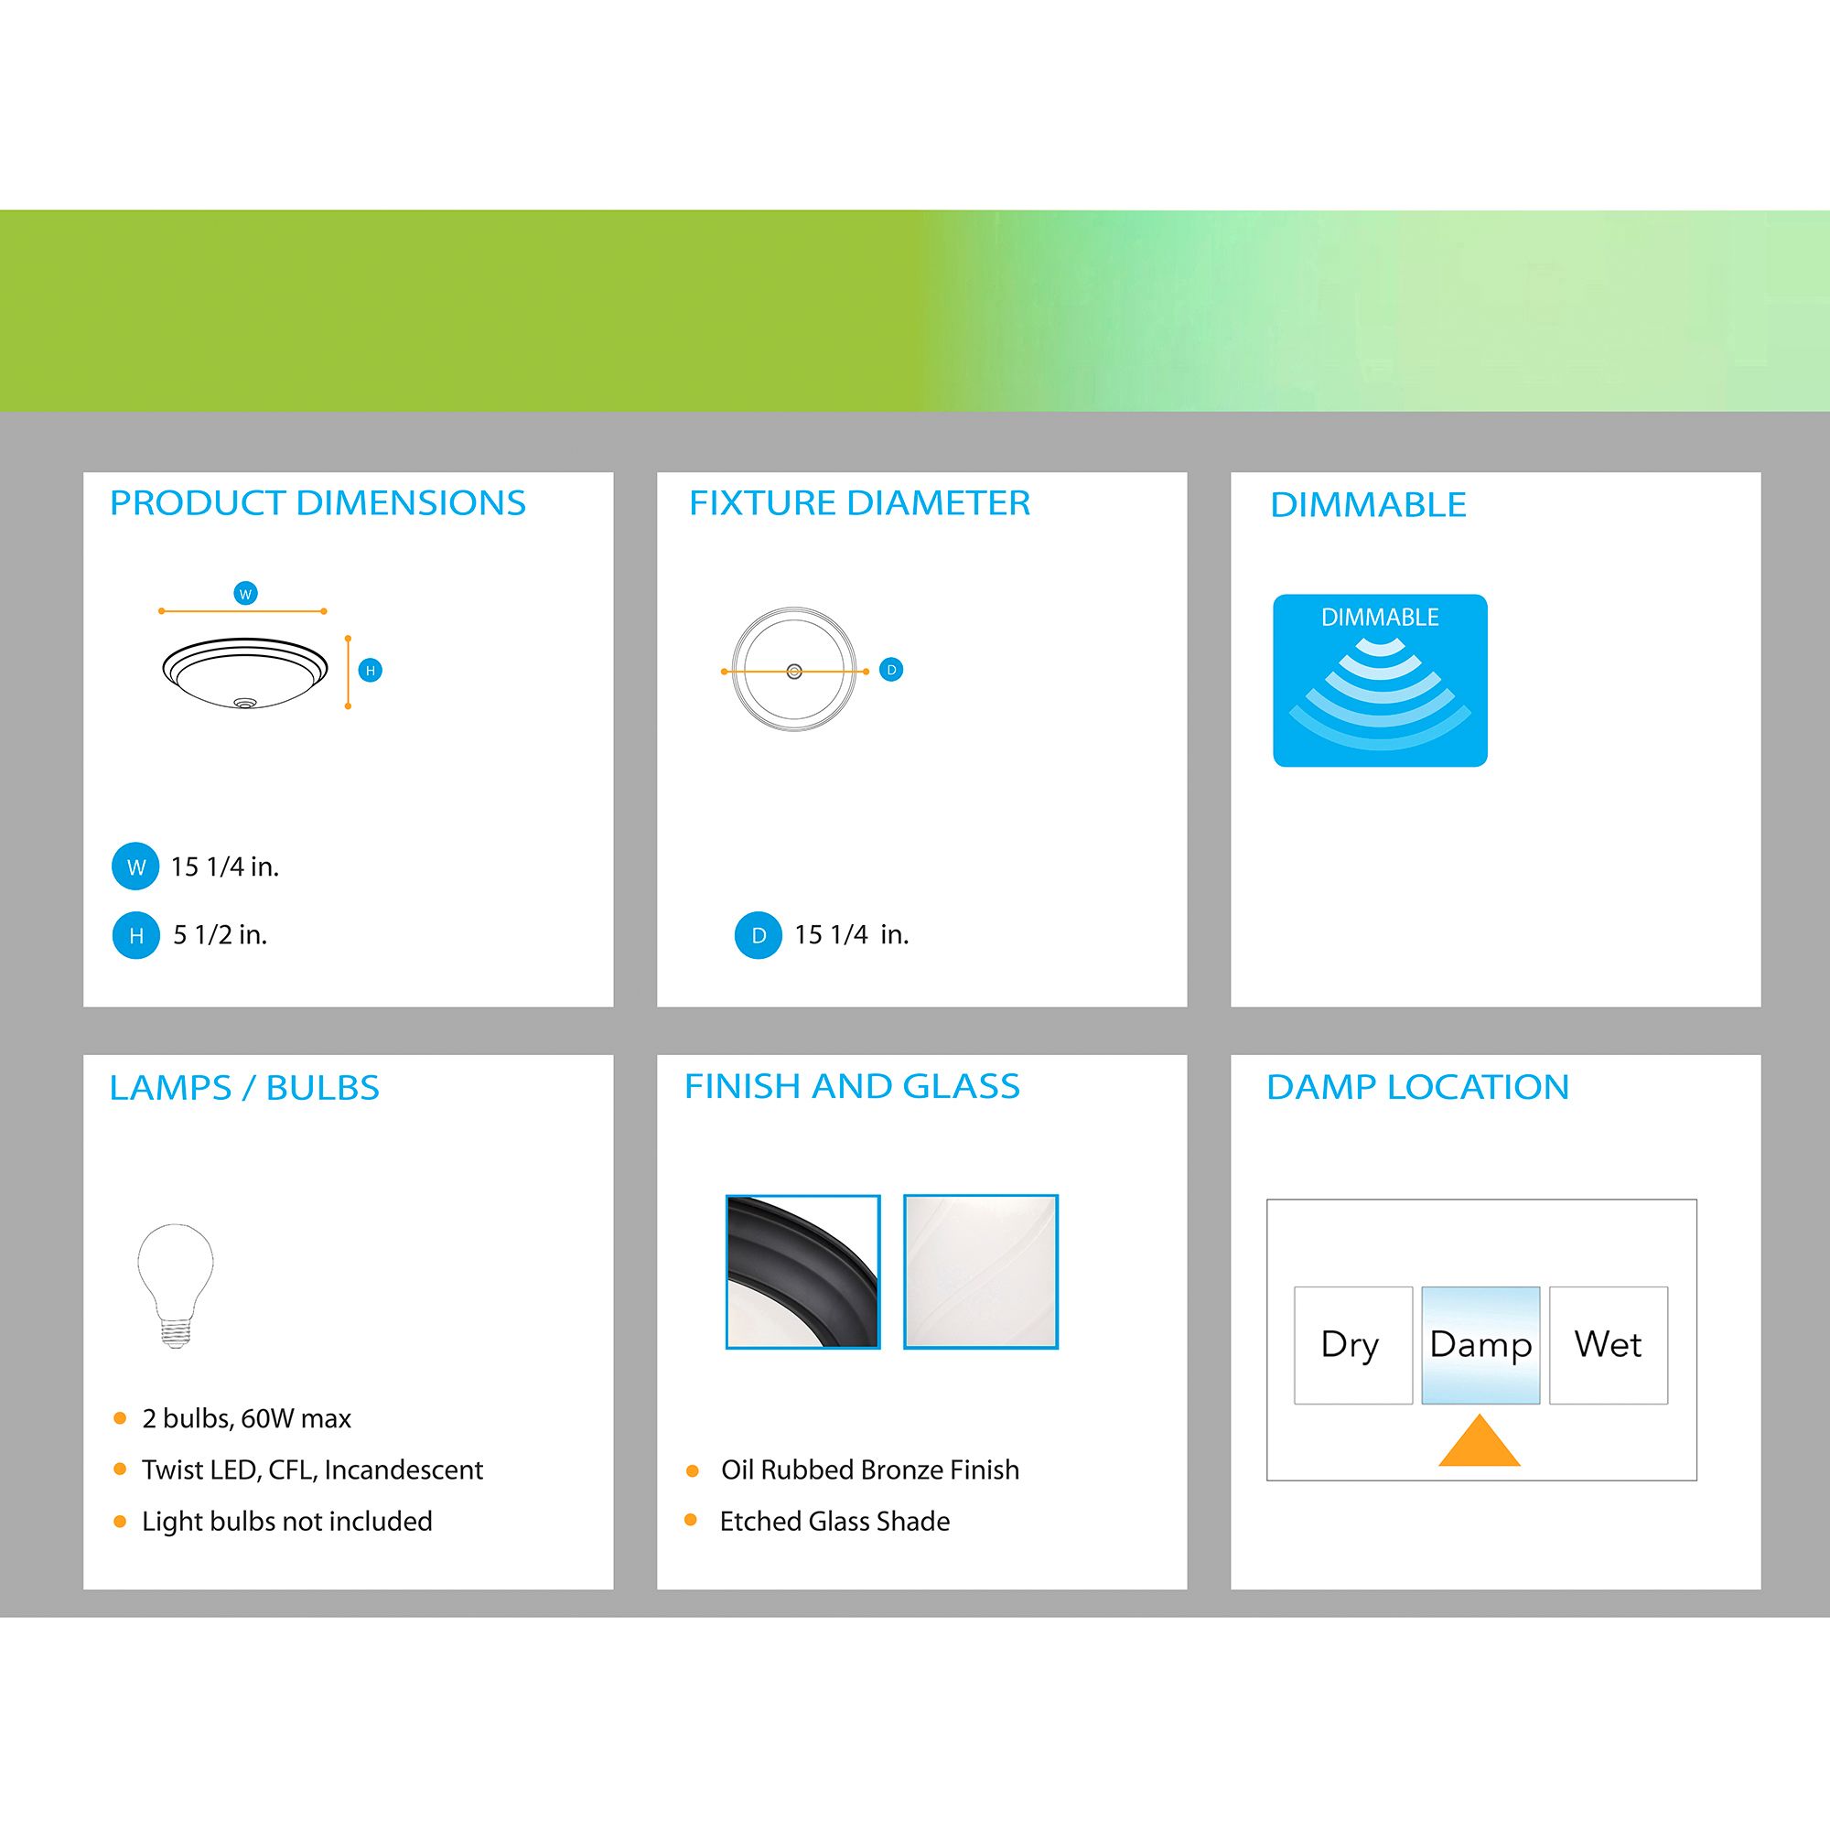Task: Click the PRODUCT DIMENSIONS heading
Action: (318, 503)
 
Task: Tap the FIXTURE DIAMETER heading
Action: (859, 503)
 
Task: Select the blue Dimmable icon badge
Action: (1380, 680)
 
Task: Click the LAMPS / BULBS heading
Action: (244, 1087)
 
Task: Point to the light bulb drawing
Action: (176, 1286)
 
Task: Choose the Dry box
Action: (1352, 1345)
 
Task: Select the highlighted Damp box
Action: (1480, 1345)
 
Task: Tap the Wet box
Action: (1609, 1345)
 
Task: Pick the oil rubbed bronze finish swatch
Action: (803, 1271)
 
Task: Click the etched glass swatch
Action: (980, 1271)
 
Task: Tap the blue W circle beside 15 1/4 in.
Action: (135, 867)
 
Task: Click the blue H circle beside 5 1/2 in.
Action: (135, 936)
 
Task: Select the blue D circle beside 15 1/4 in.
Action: (758, 936)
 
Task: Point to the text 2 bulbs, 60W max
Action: (246, 1418)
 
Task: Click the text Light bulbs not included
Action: (287, 1522)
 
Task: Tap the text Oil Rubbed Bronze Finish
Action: (870, 1469)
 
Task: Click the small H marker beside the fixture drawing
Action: (371, 671)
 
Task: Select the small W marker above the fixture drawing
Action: (245, 594)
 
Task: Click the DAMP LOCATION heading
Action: (1418, 1087)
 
